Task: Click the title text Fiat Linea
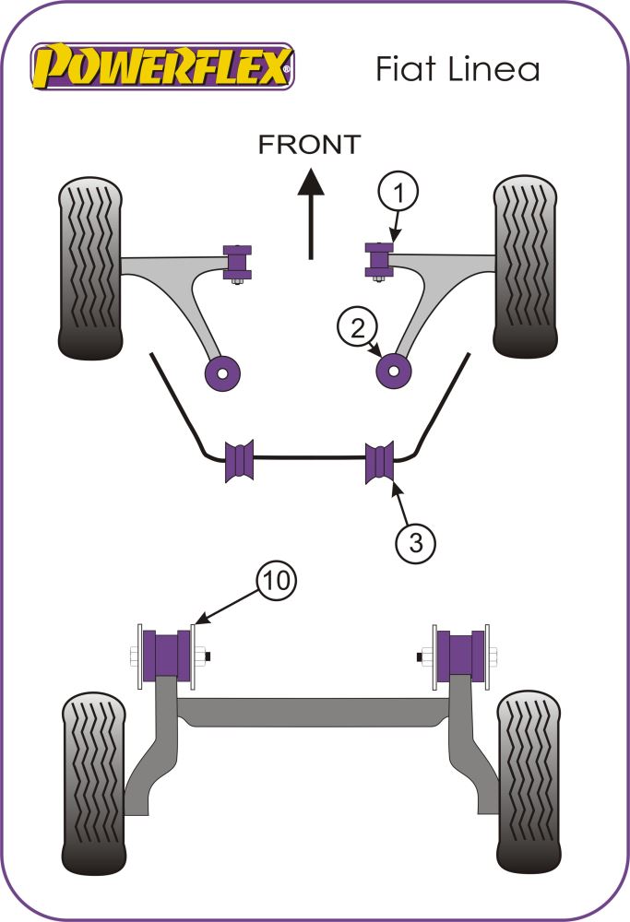pos(457,69)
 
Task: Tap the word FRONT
pos(309,144)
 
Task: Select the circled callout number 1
pos(397,194)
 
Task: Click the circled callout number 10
pos(277,581)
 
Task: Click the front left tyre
pos(90,268)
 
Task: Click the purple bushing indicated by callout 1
pos(378,258)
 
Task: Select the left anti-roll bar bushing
pos(239,462)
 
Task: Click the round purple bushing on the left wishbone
pos(222,372)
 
